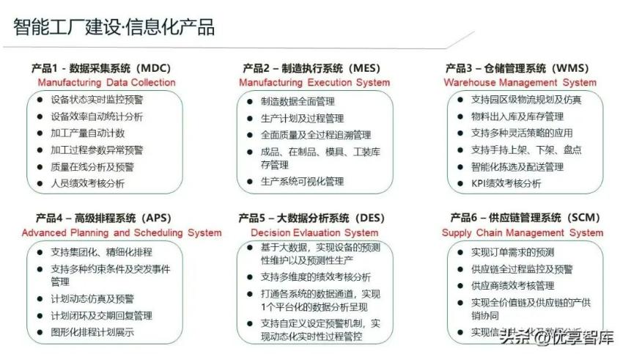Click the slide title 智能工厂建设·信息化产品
[114, 28]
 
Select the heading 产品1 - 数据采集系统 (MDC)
[106, 68]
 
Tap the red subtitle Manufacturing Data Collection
[106, 83]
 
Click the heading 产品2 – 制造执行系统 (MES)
[314, 68]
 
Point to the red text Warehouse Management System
[520, 83]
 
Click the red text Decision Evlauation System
[314, 232]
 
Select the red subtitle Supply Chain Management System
[523, 232]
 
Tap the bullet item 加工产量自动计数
[88, 133]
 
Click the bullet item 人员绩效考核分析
[88, 183]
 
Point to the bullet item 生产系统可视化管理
[302, 181]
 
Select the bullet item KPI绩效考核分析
[506, 183]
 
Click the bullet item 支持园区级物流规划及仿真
[526, 100]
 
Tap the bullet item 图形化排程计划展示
[92, 332]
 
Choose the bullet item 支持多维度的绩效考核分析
[316, 277]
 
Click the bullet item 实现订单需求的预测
[512, 252]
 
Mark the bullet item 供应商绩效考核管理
[512, 285]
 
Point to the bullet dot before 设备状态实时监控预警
[40, 100]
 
